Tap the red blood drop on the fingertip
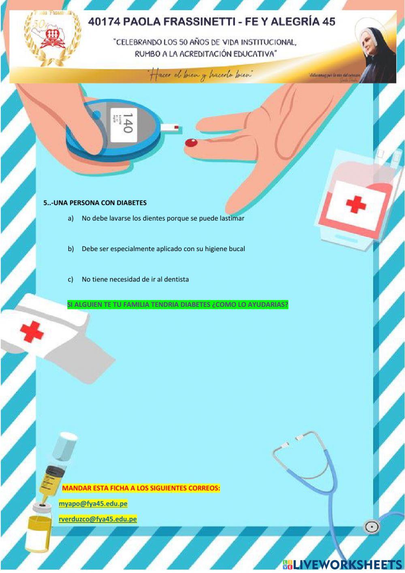point(191,143)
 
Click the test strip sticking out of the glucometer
point(170,127)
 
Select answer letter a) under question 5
point(71,218)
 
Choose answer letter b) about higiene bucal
point(71,249)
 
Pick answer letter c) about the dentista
point(71,279)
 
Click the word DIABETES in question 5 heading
point(132,203)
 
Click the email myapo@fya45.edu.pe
point(93,504)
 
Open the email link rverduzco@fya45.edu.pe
point(98,519)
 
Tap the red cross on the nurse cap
point(32,332)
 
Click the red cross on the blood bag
point(356,204)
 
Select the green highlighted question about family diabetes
point(178,305)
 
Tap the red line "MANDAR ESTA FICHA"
point(141,488)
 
